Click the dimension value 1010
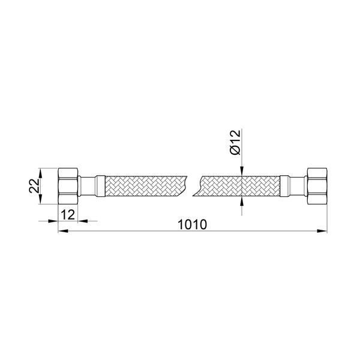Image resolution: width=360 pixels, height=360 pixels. [193, 224]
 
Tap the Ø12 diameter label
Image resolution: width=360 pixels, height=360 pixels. [236, 142]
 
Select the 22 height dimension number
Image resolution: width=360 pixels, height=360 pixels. [34, 185]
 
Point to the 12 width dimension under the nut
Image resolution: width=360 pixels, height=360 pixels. [68, 215]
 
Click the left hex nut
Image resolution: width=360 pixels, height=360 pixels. [68, 186]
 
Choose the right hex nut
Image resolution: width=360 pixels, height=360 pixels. [317, 186]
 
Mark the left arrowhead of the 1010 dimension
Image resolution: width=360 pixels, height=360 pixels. [62, 231]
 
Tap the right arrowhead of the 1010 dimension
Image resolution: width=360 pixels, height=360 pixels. [322, 231]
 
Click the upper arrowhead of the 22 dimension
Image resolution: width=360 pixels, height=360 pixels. [40, 173]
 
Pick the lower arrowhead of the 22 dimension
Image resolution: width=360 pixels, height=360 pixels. [40, 199]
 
